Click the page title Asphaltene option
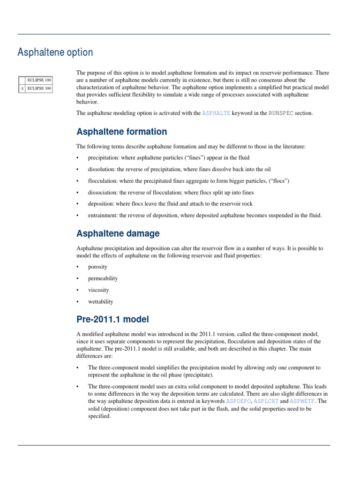55,52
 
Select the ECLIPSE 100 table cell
38,80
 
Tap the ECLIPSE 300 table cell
38,88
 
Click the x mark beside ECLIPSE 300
22,88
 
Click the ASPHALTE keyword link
216,113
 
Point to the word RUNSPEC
281,113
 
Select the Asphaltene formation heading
121,132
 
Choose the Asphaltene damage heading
118,233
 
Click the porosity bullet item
97,267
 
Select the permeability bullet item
103,278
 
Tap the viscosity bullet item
98,290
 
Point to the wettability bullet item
100,302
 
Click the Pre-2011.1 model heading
112,320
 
